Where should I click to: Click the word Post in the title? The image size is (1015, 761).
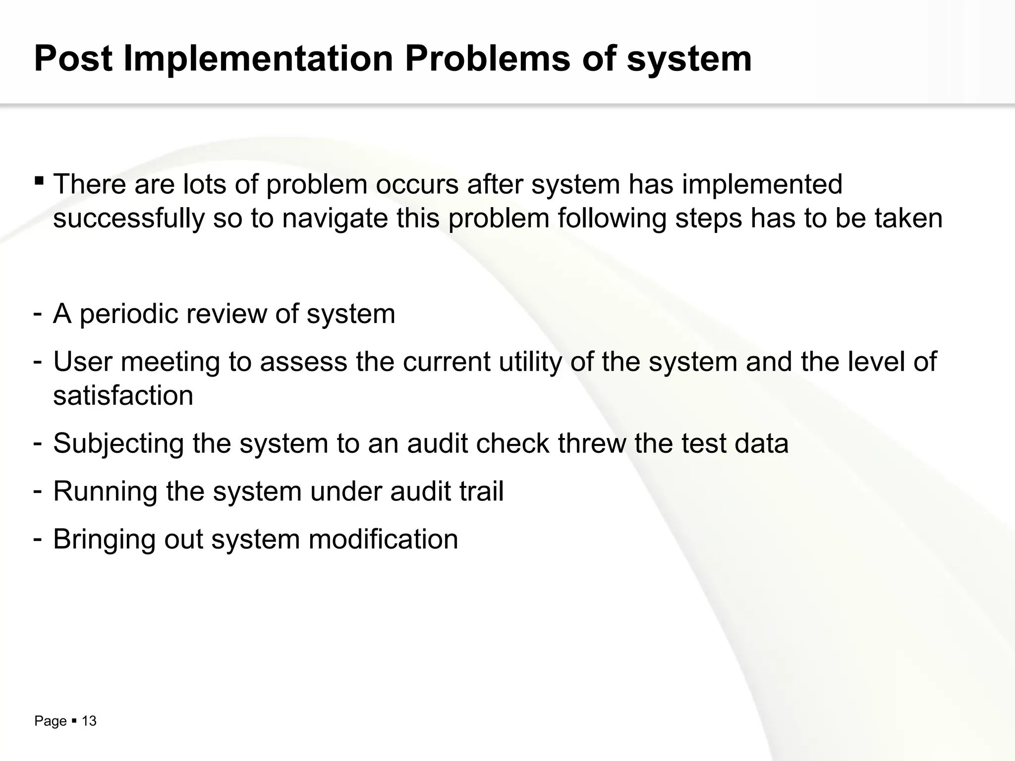pos(73,58)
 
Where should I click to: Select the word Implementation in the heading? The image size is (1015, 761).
pos(258,58)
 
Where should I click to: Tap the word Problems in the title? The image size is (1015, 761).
pos(487,58)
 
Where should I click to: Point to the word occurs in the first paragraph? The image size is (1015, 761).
pos(417,184)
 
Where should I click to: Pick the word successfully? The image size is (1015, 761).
pos(128,218)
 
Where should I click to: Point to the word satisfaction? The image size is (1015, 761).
pos(123,395)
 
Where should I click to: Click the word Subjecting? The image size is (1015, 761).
pos(118,443)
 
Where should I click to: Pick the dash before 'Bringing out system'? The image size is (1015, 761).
pos(37,538)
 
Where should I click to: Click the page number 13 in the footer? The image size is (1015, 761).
pos(89,721)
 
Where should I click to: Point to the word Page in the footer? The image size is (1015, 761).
pos(50,721)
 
